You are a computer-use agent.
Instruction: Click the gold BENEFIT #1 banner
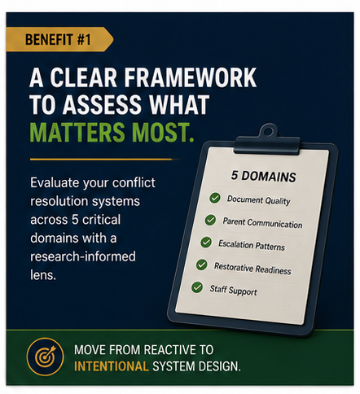point(59,39)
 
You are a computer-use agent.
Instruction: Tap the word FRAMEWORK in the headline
point(191,77)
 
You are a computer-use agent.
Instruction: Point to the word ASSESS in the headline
point(102,104)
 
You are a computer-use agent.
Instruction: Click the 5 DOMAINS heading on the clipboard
point(264,177)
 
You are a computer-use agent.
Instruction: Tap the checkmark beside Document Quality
point(215,198)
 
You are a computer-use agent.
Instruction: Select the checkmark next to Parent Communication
point(210,220)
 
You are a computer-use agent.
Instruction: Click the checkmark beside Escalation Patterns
point(206,242)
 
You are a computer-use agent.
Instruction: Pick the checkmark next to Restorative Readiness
point(202,265)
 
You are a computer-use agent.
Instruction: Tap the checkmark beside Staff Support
point(197,287)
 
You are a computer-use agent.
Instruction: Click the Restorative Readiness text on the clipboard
point(252,269)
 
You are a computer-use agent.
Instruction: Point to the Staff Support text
point(233,291)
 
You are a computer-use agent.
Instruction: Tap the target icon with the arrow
point(46,357)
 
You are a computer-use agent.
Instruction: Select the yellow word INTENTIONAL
point(112,366)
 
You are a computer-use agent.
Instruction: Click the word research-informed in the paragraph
point(83,256)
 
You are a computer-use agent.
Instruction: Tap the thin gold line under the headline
point(101,160)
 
